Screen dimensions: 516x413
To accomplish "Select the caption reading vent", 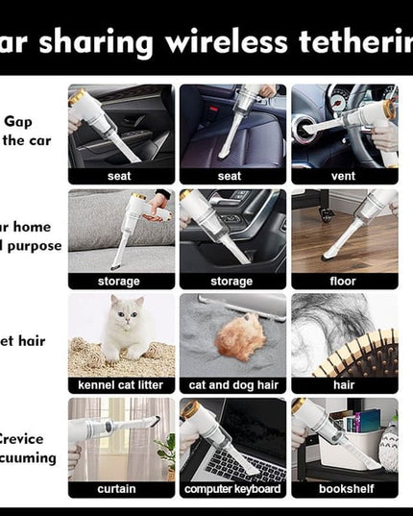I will point(344,176).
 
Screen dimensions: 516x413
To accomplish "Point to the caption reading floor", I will point(344,281).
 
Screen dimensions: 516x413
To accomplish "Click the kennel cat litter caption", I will point(121,385).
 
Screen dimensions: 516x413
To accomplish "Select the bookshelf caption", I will point(344,489).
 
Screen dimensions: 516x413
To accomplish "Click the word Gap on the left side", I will point(18,122).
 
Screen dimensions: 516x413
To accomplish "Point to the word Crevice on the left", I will point(30,439).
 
